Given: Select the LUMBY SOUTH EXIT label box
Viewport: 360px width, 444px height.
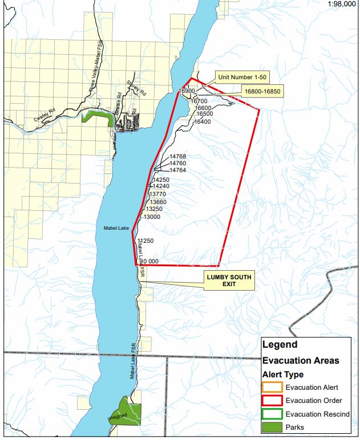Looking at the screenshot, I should (228, 280).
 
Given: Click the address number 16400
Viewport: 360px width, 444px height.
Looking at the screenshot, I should (203, 121).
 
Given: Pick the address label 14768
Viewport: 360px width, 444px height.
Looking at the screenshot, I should (177, 156).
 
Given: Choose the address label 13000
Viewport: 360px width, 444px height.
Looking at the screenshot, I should (152, 217).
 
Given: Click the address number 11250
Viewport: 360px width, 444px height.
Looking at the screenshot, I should (146, 241).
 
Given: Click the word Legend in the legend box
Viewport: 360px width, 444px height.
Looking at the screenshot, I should (280, 345).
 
